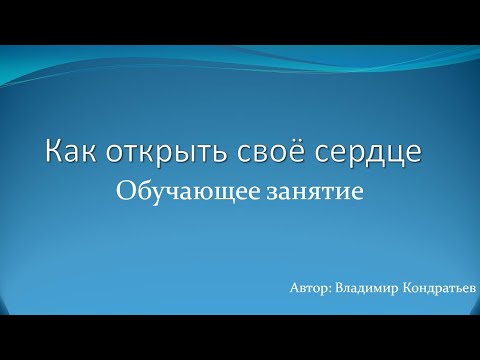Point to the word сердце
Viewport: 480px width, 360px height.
click(x=378, y=153)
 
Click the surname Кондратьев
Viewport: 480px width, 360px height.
click(x=437, y=288)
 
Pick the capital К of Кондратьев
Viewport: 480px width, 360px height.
click(x=402, y=288)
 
